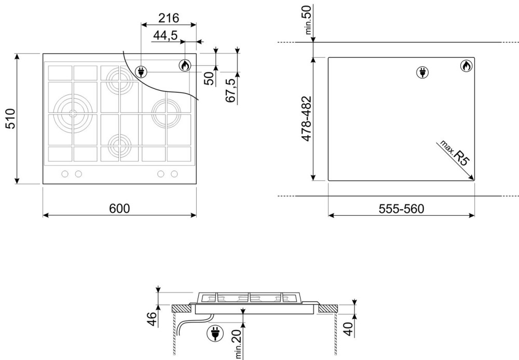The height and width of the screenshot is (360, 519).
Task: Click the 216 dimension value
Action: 169,18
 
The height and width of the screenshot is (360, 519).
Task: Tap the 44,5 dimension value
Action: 165,35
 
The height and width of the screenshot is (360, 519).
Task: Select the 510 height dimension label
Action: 10,118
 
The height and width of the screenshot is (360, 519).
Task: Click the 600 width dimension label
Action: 119,209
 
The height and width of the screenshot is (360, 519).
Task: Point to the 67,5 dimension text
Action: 231,90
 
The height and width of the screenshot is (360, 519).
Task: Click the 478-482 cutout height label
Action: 307,119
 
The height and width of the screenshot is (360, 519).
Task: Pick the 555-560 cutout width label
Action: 401,209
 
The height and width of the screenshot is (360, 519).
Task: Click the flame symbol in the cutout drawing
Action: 467,66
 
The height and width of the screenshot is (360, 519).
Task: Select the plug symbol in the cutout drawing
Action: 422,72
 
